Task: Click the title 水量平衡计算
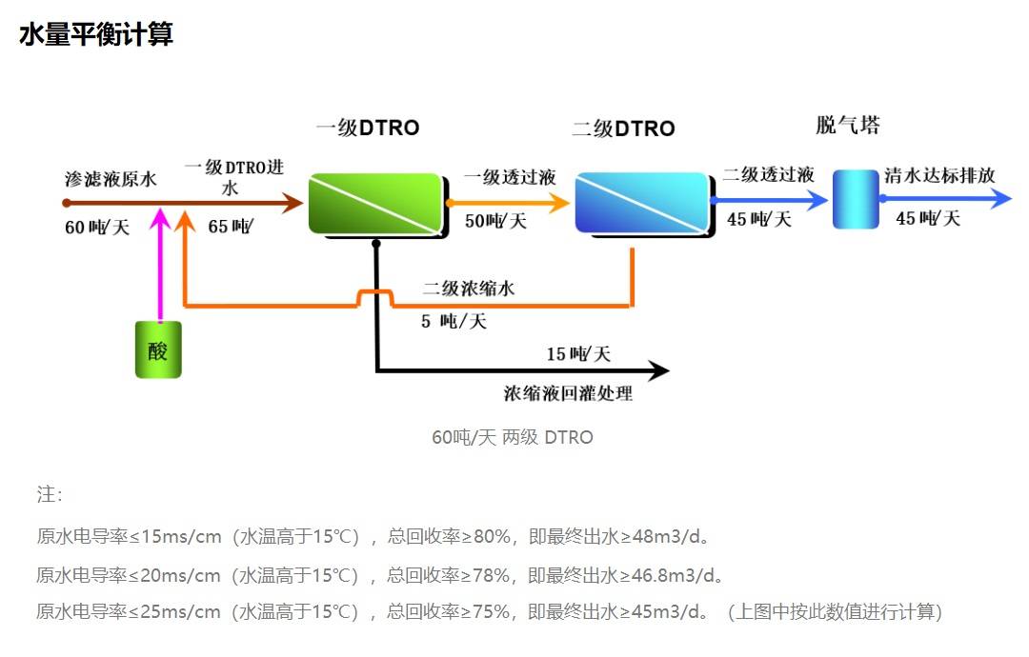pyautogui.click(x=95, y=35)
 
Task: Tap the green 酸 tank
pyautogui.click(x=158, y=349)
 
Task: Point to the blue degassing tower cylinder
pyautogui.click(x=856, y=199)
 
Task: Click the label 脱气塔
pyautogui.click(x=847, y=126)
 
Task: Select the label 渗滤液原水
pyautogui.click(x=111, y=178)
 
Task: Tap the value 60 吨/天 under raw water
pyautogui.click(x=97, y=228)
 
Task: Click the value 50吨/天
pyautogui.click(x=495, y=222)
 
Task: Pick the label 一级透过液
pyautogui.click(x=510, y=178)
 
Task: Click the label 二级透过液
pyautogui.click(x=768, y=175)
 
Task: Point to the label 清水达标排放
pyautogui.click(x=939, y=175)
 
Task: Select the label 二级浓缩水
pyautogui.click(x=469, y=288)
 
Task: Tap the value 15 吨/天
pyautogui.click(x=578, y=354)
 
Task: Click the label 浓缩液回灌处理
pyautogui.click(x=568, y=393)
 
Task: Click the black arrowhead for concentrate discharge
pyautogui.click(x=658, y=371)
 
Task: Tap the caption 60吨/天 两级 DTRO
pyautogui.click(x=513, y=438)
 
